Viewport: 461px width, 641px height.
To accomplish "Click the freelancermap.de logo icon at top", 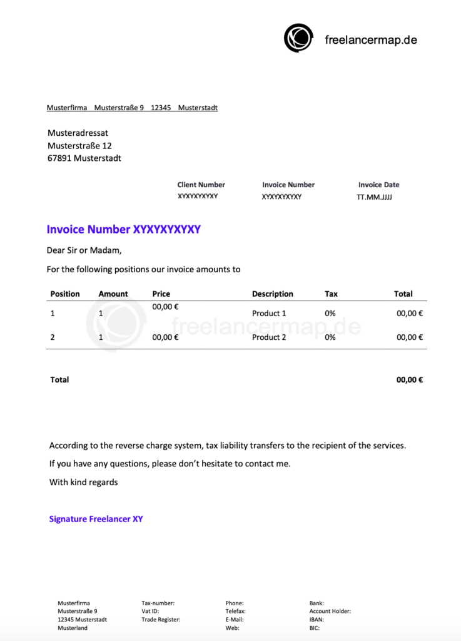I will pyautogui.click(x=298, y=38).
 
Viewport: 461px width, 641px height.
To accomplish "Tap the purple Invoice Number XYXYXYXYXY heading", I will pyautogui.click(x=123, y=230).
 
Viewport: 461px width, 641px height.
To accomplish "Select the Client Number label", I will pyautogui.click(x=201, y=185).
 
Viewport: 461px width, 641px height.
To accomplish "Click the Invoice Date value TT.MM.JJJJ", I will pyautogui.click(x=375, y=197).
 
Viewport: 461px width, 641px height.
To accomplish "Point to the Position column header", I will pyautogui.click(x=65, y=294).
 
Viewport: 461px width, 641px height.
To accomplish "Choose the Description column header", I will pyautogui.click(x=272, y=294).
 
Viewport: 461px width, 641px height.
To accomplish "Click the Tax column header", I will pyautogui.click(x=331, y=294).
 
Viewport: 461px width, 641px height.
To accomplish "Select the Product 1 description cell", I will pyautogui.click(x=269, y=313).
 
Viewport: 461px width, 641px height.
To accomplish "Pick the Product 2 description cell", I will pyautogui.click(x=269, y=337).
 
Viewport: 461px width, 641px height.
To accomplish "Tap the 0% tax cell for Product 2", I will pyautogui.click(x=330, y=337).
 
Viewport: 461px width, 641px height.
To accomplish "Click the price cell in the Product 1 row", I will pyautogui.click(x=165, y=307).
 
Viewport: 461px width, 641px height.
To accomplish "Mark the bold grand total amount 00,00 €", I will pyautogui.click(x=410, y=380).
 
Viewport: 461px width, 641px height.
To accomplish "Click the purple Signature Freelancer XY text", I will pyautogui.click(x=96, y=519).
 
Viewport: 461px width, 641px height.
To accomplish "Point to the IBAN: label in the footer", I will pyautogui.click(x=317, y=620).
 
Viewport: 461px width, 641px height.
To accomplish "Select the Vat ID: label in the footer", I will pyautogui.click(x=150, y=612).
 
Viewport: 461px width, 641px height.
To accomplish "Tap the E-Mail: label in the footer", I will pyautogui.click(x=235, y=620).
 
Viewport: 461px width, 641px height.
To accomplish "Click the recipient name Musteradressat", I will pyautogui.click(x=78, y=133).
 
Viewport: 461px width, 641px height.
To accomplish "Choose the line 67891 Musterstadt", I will pyautogui.click(x=84, y=158).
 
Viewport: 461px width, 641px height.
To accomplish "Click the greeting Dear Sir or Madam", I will pyautogui.click(x=84, y=250).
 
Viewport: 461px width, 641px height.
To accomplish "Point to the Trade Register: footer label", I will pyautogui.click(x=161, y=620).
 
